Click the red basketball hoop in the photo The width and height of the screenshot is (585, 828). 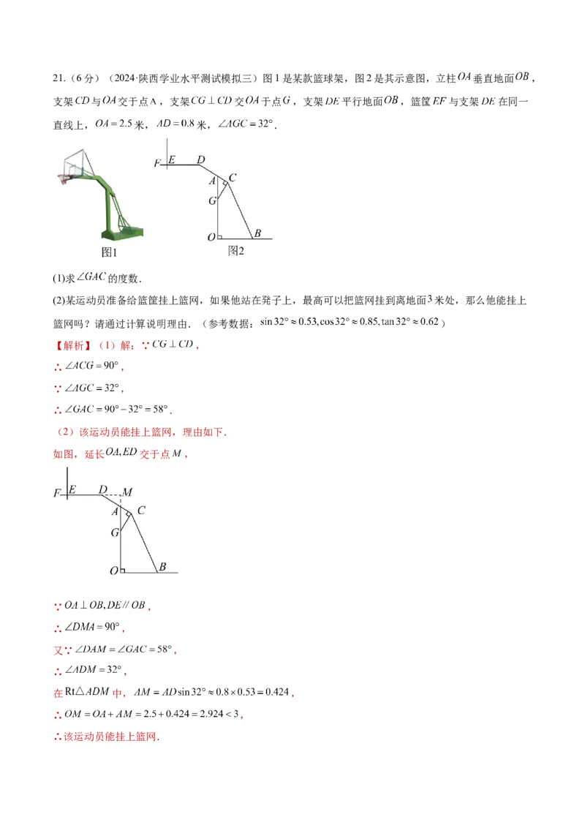coord(65,177)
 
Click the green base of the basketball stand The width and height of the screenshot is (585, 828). coord(123,233)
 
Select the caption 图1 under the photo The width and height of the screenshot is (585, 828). coord(108,252)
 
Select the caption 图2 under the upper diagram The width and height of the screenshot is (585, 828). coord(235,251)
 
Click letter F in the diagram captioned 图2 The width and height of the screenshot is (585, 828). coord(156,164)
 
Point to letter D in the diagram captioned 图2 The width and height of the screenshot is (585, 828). coord(201,159)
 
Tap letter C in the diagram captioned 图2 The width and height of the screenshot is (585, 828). coord(233,177)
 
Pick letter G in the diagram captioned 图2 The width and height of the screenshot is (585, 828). coord(212,200)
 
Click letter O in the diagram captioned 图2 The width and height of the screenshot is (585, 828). coord(211,237)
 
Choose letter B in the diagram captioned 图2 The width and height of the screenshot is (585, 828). coord(257,234)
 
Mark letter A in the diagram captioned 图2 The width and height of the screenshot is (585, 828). coord(212,181)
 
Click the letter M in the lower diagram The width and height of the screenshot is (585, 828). coord(127,492)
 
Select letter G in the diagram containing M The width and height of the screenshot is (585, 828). coord(115,533)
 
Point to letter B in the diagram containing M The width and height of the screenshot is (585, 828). coord(162,567)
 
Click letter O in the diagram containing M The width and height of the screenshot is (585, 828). coord(113,571)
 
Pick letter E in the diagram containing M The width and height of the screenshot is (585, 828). coord(72,489)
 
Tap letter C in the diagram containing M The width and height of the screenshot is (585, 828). coord(141,511)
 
